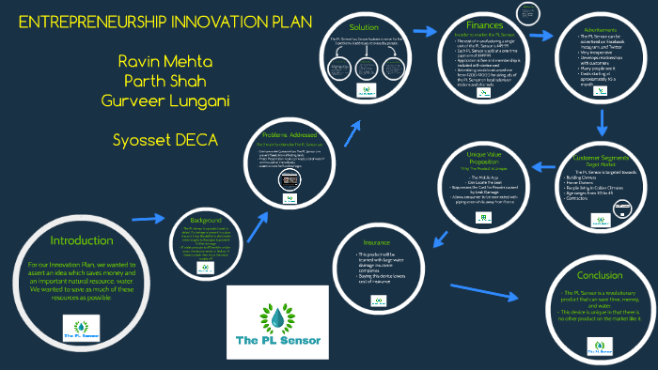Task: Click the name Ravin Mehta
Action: [x=159, y=61]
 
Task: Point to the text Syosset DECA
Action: [x=164, y=140]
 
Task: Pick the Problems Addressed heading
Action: [x=290, y=134]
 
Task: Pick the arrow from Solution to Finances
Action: [x=426, y=31]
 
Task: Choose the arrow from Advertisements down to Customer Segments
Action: [x=602, y=121]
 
